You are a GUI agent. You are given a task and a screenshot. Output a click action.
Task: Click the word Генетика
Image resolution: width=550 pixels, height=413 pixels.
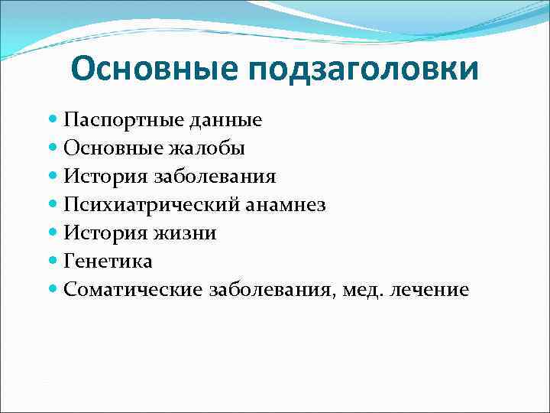tap(108, 262)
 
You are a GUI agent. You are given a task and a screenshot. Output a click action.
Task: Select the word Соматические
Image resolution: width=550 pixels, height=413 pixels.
tap(134, 290)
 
